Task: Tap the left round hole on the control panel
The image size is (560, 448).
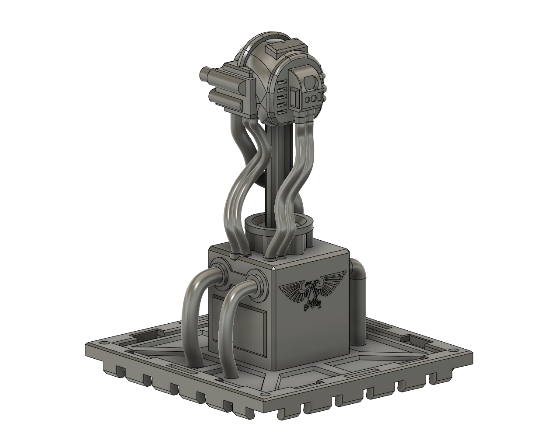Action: pyautogui.click(x=308, y=100)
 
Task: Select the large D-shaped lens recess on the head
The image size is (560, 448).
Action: pyautogui.click(x=311, y=82)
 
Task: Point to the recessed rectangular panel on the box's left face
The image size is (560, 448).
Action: pyautogui.click(x=238, y=324)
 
